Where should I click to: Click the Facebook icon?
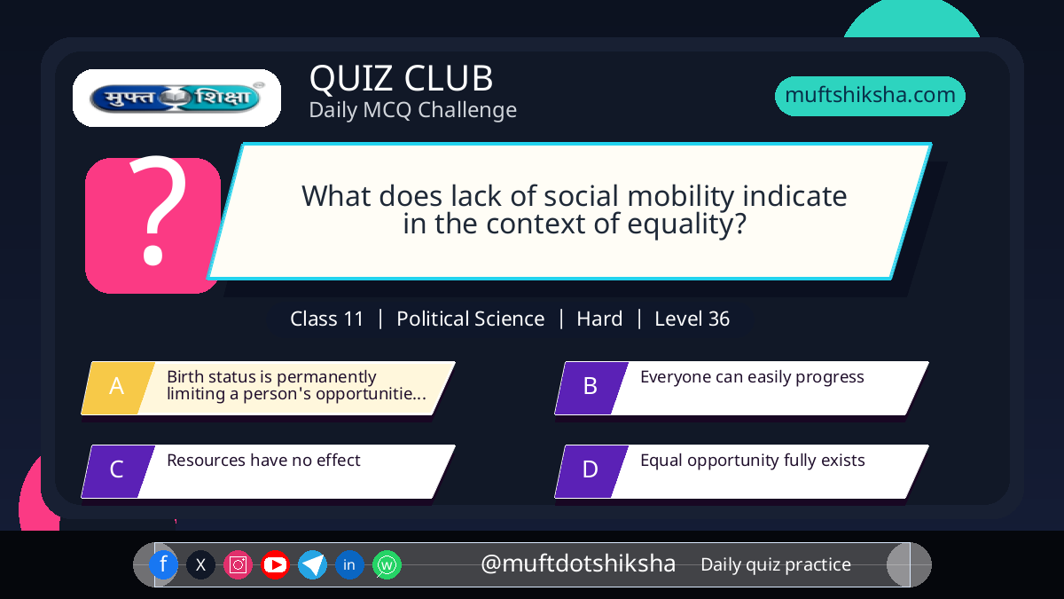click(163, 564)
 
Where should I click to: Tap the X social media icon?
click(200, 564)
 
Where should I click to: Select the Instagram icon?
click(238, 564)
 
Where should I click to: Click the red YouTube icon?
click(275, 564)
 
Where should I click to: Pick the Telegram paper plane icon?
click(312, 564)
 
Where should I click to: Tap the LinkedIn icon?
click(349, 564)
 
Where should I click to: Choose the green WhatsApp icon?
click(387, 564)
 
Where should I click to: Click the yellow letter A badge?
click(118, 388)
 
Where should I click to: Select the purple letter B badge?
click(591, 388)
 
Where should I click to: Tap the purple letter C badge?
click(118, 471)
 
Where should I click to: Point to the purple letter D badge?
click(591, 471)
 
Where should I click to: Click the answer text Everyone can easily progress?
click(752, 377)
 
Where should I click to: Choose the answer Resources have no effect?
click(263, 461)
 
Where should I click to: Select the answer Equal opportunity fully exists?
click(753, 461)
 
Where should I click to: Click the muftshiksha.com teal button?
click(870, 96)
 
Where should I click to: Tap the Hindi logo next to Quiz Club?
click(176, 98)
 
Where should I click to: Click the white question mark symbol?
click(158, 210)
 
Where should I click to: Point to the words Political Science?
click(470, 319)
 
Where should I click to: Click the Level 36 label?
click(692, 319)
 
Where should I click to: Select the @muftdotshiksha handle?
click(578, 564)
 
